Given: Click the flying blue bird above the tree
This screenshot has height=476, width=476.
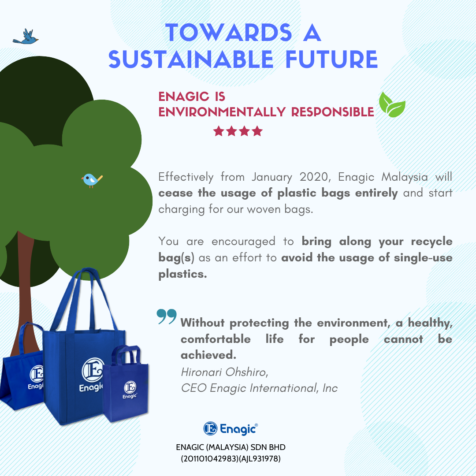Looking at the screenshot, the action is [26, 37].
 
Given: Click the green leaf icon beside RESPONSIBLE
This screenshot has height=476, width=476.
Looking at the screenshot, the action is [392, 105].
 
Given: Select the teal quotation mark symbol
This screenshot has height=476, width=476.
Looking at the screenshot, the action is [167, 316].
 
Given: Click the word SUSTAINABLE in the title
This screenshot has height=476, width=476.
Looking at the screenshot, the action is [191, 59].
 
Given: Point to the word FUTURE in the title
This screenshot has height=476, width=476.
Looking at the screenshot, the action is [331, 59].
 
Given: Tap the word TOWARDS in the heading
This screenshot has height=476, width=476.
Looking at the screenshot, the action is [229, 33].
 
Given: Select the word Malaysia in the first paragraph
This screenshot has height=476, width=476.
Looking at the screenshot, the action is [404, 177].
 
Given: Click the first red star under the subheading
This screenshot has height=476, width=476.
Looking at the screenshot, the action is [219, 131].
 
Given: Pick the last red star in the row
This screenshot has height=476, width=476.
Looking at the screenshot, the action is [257, 131].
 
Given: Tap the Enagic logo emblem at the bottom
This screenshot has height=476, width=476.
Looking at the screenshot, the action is [210, 429].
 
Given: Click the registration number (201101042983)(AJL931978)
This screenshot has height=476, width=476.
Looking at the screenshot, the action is [231, 458].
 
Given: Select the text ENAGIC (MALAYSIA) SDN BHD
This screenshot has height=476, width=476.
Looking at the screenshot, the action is [231, 447].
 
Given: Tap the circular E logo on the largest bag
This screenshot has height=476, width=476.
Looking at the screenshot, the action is [93, 370].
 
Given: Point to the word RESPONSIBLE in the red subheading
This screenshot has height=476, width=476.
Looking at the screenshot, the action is [333, 112].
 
